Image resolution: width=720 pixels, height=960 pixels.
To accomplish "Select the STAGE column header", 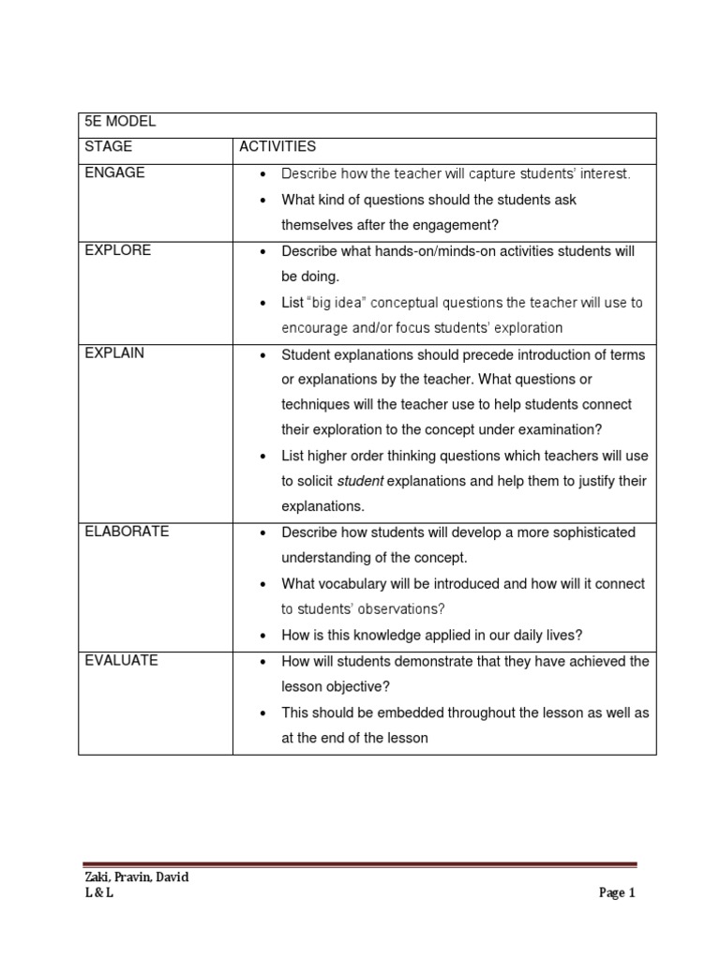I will click(108, 147).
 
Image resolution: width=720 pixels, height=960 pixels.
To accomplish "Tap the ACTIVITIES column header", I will click(277, 147).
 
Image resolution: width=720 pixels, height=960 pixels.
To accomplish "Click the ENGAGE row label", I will click(113, 172).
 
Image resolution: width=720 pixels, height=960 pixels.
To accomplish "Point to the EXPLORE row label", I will click(117, 250).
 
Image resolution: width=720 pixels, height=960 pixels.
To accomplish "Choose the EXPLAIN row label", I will click(114, 353).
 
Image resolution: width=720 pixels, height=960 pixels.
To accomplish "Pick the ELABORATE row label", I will click(127, 532).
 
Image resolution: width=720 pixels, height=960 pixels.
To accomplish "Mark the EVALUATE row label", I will click(121, 660).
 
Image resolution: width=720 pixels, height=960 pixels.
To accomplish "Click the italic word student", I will click(360, 481).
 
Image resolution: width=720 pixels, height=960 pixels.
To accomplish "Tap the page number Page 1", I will click(617, 893).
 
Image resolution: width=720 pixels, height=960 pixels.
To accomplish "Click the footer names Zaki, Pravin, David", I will click(137, 877).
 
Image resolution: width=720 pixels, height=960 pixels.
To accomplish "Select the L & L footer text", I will click(98, 893).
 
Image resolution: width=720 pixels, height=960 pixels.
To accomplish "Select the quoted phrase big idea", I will click(338, 303).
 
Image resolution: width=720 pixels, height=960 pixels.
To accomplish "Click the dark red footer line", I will click(360, 865).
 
